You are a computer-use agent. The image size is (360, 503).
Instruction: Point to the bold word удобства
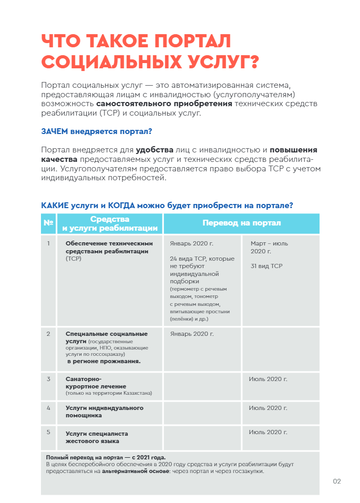pos(155,150)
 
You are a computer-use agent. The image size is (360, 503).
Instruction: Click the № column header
pos(48,223)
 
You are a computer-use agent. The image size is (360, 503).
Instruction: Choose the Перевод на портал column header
pos(242,223)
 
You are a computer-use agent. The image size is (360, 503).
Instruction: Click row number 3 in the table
pos(48,378)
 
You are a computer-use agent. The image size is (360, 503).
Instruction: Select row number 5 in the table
pos(48,432)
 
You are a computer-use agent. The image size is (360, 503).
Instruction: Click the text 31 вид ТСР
pos(266,266)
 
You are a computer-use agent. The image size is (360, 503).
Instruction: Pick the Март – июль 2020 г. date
pos(269,247)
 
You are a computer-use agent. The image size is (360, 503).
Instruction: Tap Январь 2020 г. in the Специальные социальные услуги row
pos(192,334)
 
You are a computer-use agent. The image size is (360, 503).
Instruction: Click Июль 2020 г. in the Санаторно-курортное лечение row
pos(268,378)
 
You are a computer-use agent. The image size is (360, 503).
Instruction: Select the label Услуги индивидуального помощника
pos(104,412)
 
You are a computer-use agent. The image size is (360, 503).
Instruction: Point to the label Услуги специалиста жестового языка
pos(96,437)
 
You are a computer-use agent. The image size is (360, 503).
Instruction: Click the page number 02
pos(337,481)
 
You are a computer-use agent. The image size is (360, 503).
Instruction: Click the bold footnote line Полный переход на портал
pos(109,457)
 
